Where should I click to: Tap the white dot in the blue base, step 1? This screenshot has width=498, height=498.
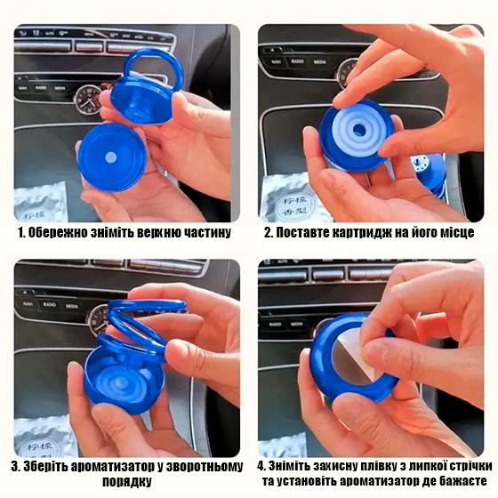(110, 157)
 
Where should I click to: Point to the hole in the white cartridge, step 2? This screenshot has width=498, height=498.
(359, 129)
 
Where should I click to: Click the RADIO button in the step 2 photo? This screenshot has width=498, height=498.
(297, 61)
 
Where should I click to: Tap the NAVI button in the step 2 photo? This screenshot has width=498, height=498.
(276, 61)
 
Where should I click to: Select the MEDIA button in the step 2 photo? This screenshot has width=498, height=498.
(320, 61)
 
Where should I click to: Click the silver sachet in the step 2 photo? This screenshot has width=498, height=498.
(290, 201)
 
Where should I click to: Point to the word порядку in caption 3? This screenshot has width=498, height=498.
(126, 481)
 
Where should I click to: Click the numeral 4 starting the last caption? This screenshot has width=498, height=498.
(261, 467)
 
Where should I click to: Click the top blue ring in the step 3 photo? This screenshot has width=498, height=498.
(147, 304)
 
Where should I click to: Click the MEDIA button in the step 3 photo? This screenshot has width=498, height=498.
(72, 306)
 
